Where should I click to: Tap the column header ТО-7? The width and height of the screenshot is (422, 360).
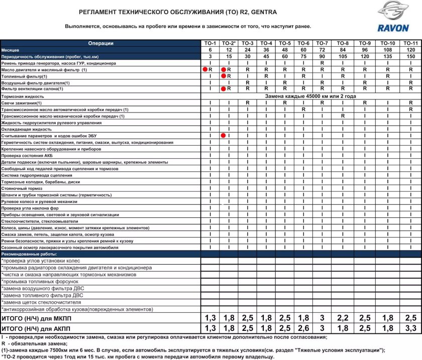pos(323,44)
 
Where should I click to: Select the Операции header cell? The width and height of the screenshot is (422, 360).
pos(100,44)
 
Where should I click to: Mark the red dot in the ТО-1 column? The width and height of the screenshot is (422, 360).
pos(205,69)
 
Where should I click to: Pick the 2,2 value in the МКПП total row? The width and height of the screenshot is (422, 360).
pos(343,318)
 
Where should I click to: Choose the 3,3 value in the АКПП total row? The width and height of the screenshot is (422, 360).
pos(410,328)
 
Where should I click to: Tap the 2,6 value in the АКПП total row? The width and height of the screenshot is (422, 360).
pos(303,328)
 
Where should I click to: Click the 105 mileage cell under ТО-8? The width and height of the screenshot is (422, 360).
pos(343,57)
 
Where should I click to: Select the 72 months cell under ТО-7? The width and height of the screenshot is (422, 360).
pos(323,50)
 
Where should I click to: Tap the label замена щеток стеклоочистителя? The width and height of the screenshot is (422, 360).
pos(35,303)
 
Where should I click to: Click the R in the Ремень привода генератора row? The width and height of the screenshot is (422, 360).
pos(323,63)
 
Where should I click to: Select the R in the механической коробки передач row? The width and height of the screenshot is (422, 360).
pos(343,115)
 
